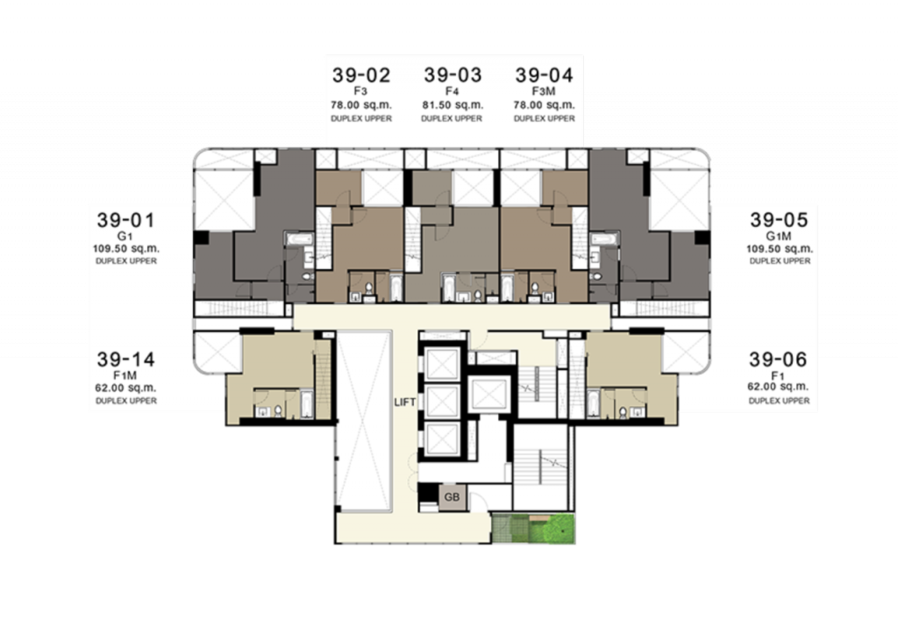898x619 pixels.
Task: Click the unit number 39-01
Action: (x=126, y=220)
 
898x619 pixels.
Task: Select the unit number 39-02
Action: (x=361, y=75)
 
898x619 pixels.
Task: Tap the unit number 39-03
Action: (x=453, y=75)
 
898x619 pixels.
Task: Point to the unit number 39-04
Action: (x=544, y=75)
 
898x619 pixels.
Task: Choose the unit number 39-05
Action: (x=779, y=220)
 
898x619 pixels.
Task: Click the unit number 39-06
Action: (x=778, y=359)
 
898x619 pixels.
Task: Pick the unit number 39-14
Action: (x=126, y=359)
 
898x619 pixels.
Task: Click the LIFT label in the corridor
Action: (x=405, y=402)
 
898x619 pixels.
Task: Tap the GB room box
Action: (x=452, y=497)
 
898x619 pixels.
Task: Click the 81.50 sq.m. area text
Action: (x=453, y=105)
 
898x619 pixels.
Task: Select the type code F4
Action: (x=453, y=91)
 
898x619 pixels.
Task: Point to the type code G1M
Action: (x=779, y=236)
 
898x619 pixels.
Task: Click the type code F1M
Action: (x=125, y=375)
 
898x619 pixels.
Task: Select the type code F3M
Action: (x=544, y=91)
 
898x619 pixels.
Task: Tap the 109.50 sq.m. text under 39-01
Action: (x=126, y=249)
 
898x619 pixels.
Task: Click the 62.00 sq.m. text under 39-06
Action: (x=778, y=387)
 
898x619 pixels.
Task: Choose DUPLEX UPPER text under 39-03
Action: (x=452, y=118)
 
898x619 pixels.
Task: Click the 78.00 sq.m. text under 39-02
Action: (x=361, y=105)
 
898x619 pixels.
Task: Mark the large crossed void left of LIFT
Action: (x=363, y=421)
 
